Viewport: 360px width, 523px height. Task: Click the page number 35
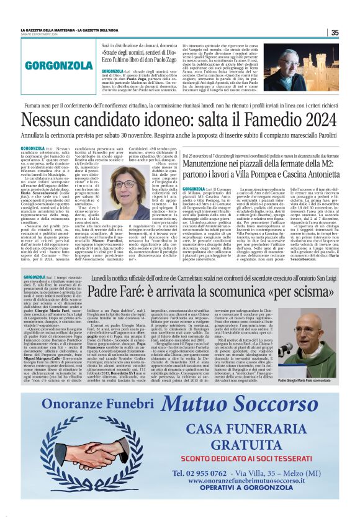[x=335, y=33]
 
